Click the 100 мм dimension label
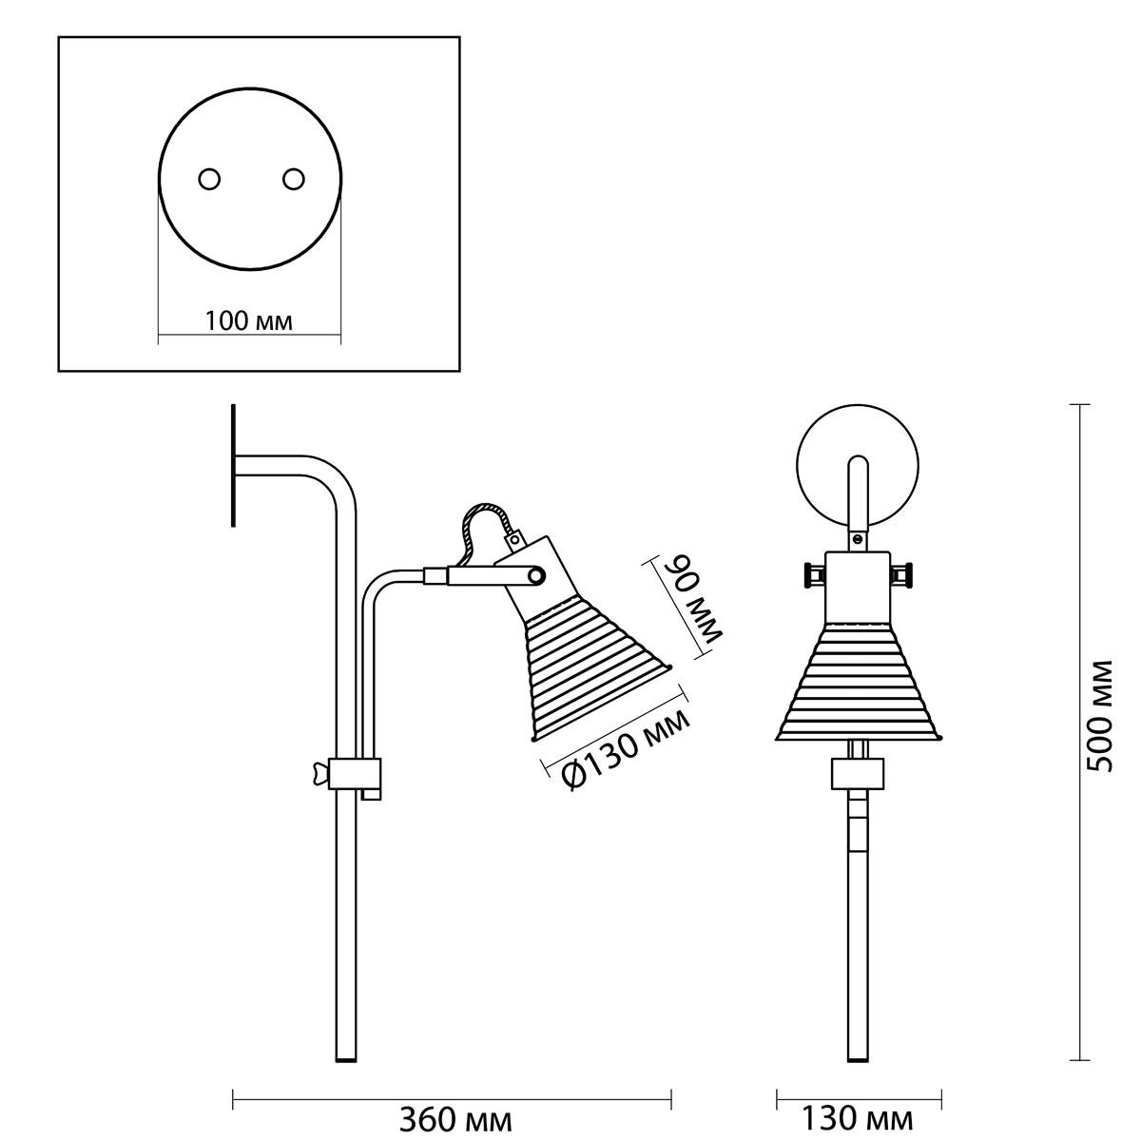pyautogui.click(x=249, y=321)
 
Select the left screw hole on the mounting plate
pyautogui.click(x=209, y=179)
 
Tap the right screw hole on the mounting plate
pyautogui.click(x=294, y=179)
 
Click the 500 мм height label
pyautogui.click(x=1101, y=716)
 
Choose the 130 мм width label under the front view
pyautogui.click(x=858, y=1118)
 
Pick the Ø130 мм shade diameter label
pyautogui.click(x=626, y=748)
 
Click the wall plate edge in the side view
pyautogui.click(x=234, y=465)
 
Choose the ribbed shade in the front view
pyautogui.click(x=858, y=682)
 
